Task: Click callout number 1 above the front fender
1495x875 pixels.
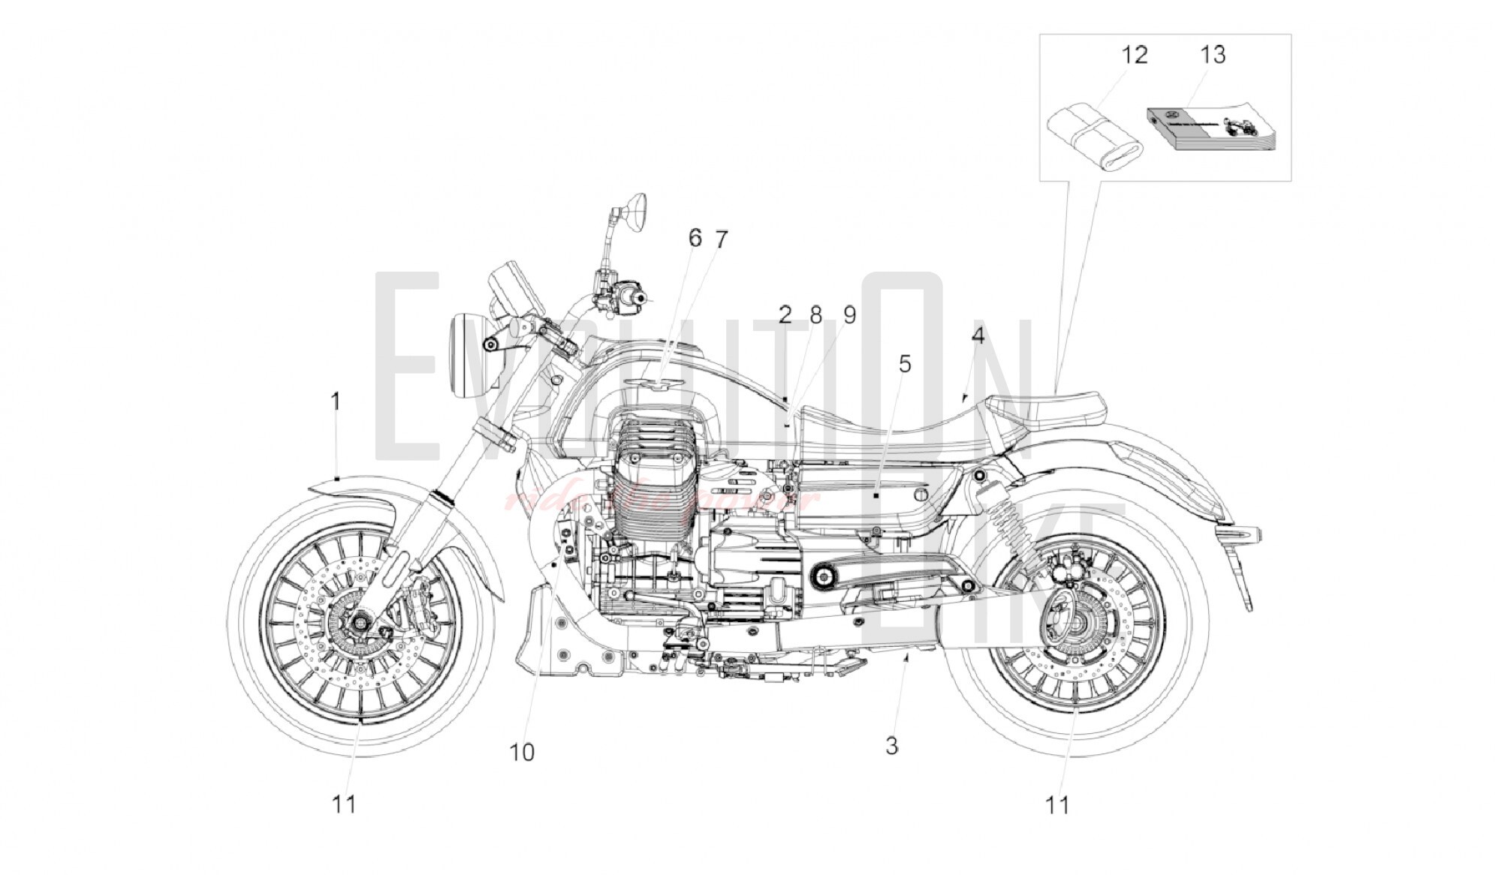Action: pyautogui.click(x=336, y=402)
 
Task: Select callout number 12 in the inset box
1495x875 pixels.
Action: pyautogui.click(x=1134, y=55)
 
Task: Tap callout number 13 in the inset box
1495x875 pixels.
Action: pyautogui.click(x=1212, y=54)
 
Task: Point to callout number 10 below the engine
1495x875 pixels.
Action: pyautogui.click(x=522, y=752)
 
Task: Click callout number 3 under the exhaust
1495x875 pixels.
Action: pyautogui.click(x=891, y=746)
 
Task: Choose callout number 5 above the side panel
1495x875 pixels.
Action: pyautogui.click(x=905, y=364)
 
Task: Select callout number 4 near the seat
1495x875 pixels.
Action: pyautogui.click(x=977, y=336)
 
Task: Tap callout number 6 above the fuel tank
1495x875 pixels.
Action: pyautogui.click(x=695, y=238)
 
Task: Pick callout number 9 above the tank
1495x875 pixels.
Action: pyautogui.click(x=849, y=315)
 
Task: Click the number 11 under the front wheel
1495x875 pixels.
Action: pyautogui.click(x=344, y=804)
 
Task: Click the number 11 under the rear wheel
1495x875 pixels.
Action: pyautogui.click(x=1057, y=805)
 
